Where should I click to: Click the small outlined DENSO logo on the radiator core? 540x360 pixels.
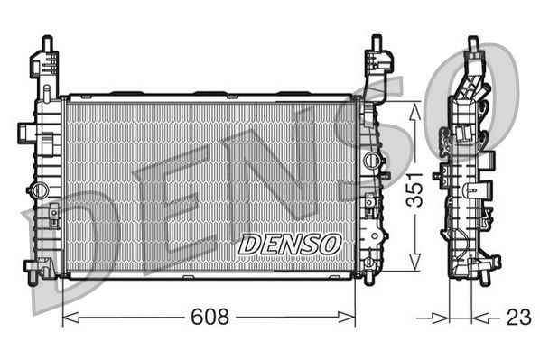tap(289, 243)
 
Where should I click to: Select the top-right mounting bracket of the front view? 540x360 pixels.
tap(378, 63)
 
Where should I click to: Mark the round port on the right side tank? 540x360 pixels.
tap(369, 160)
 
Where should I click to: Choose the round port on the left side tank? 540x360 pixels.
tap(38, 189)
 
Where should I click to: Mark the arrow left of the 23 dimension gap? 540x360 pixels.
tap(442, 318)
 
